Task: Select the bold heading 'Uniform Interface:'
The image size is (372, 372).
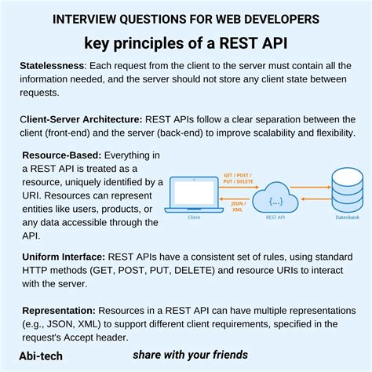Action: tap(64, 256)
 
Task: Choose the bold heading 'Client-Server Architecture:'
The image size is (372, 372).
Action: tap(81, 119)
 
